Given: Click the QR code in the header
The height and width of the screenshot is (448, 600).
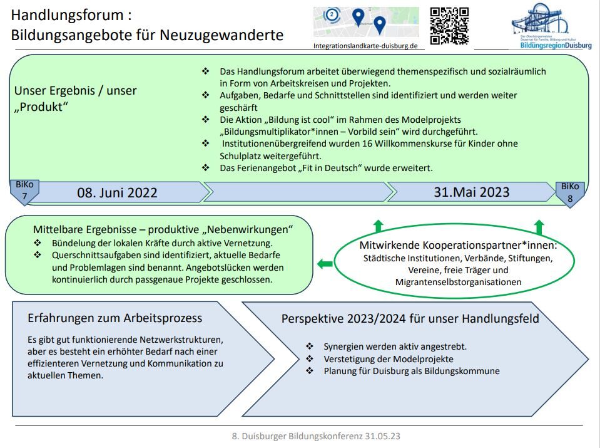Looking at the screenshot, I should [449, 26].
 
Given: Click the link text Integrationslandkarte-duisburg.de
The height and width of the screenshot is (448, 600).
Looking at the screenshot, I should [366, 46].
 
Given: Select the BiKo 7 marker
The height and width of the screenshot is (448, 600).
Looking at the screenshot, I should [25, 192].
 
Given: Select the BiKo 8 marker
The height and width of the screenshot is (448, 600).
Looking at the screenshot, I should [570, 192].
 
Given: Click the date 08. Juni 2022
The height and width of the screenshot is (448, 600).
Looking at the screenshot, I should [117, 192].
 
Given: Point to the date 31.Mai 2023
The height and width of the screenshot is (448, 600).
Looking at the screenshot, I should [472, 192].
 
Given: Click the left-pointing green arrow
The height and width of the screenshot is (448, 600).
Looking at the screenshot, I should [325, 264].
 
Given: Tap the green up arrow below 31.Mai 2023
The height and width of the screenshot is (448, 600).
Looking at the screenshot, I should [539, 227].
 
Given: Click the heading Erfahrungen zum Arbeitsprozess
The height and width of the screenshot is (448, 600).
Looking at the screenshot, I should [114, 318].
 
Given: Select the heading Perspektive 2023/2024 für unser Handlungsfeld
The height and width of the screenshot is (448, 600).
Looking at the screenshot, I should [410, 318].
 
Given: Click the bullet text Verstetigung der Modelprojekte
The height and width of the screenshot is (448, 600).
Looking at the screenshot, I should [389, 358].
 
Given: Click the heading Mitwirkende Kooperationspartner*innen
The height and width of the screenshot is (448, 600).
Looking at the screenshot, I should [458, 245].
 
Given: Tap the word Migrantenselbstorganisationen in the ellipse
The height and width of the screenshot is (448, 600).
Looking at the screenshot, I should [458, 282].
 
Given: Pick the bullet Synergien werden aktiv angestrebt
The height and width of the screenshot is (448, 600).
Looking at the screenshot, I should [395, 346].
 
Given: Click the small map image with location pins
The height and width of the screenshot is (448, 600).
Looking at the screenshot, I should [366, 23].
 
